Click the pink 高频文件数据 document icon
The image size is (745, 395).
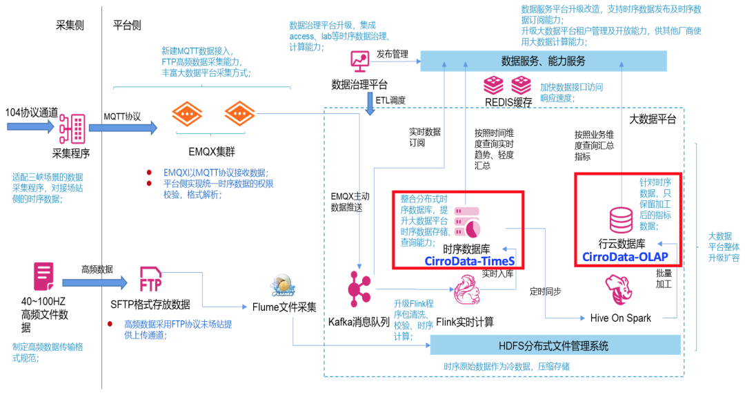tap(43, 276)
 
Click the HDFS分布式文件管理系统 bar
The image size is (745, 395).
tap(555, 345)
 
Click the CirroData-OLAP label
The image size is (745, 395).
tap(626, 257)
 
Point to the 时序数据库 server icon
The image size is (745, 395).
tap(467, 221)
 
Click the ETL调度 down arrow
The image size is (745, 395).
tap(370, 101)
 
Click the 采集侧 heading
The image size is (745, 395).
tap(70, 26)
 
